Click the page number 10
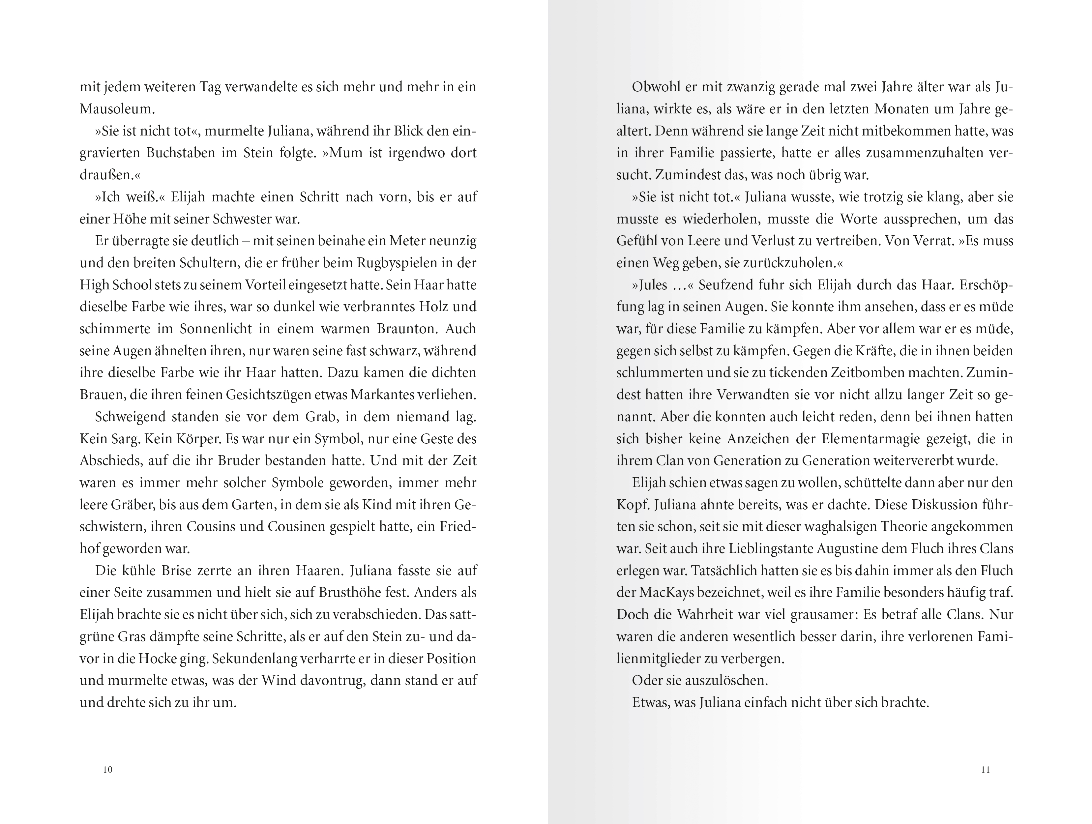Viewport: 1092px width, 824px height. click(x=108, y=770)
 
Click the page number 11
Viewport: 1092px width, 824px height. click(x=985, y=770)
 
